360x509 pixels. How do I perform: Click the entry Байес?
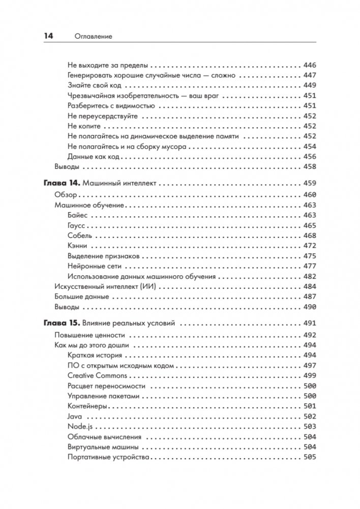[x=77, y=215]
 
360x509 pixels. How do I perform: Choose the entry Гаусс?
[x=77, y=225]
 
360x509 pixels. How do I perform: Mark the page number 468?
[x=309, y=235]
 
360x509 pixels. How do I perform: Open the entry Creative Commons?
[x=97, y=376]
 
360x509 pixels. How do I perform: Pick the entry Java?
[x=74, y=416]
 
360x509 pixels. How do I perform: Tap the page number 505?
[x=309, y=457]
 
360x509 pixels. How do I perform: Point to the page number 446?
[x=309, y=65]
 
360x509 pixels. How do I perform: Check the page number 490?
[x=309, y=307]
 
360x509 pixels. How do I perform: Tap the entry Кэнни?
[x=77, y=246]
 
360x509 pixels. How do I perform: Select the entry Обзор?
[x=65, y=195]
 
